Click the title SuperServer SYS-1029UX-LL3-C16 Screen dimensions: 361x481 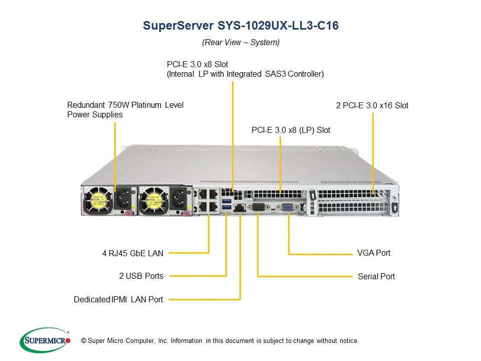click(241, 26)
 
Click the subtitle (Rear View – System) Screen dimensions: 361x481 click(241, 43)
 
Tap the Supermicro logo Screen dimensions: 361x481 click(45, 340)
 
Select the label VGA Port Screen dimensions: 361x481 click(373, 253)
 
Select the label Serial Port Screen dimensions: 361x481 click(376, 276)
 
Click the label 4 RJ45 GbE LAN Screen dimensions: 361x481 click(133, 254)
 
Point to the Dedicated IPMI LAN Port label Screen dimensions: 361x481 click(118, 299)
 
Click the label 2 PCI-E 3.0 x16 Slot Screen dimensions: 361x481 click(372, 105)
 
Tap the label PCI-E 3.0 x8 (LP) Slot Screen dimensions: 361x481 click(291, 130)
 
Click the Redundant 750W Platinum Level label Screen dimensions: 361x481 click(125, 105)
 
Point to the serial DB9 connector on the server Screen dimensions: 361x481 click(259, 207)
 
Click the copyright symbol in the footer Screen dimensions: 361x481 click(84, 341)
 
